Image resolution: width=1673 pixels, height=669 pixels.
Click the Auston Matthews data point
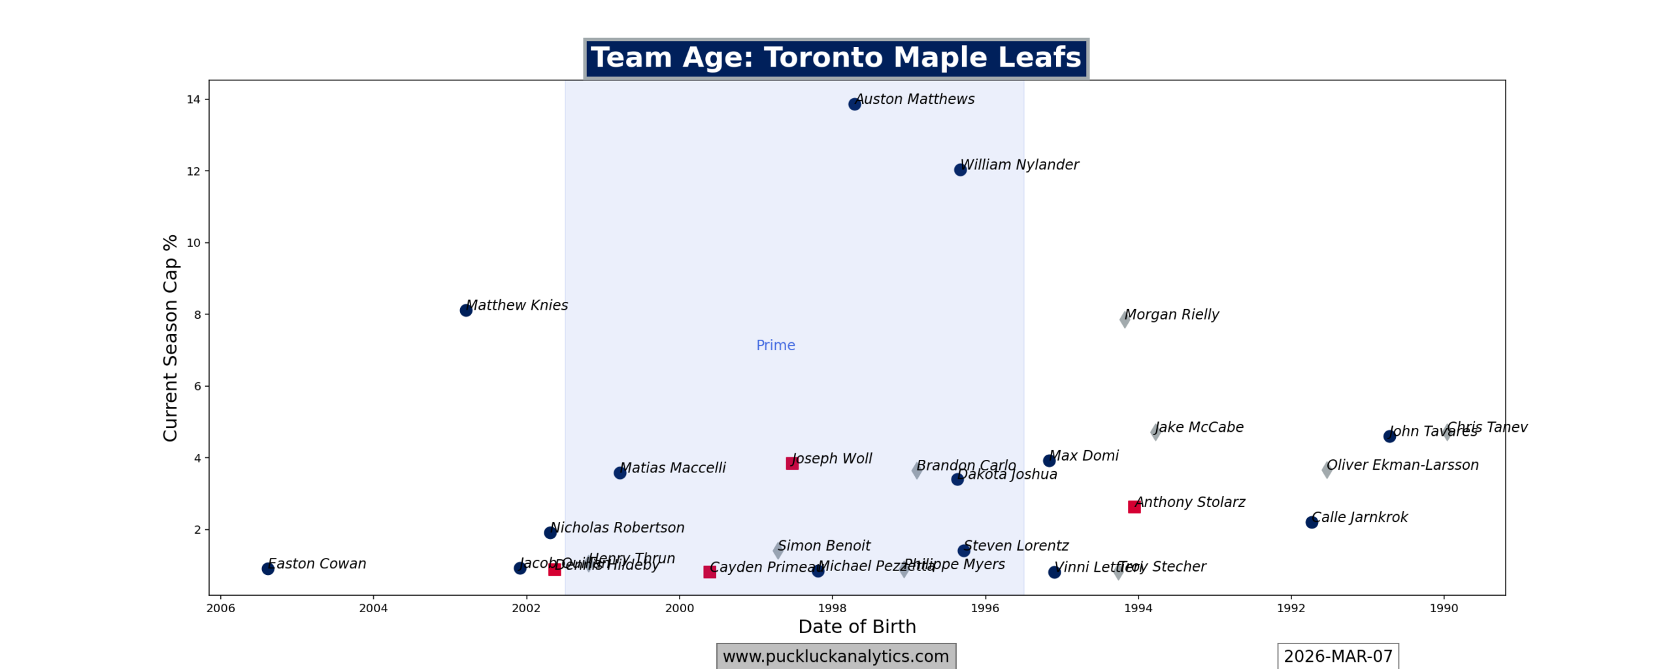click(x=854, y=104)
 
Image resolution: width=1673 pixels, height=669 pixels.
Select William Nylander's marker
click(x=960, y=170)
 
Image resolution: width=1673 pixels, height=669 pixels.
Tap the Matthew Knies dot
click(x=466, y=310)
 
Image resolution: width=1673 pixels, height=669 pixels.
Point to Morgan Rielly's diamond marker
click(x=1125, y=319)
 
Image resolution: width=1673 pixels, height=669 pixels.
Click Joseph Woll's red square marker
click(x=792, y=463)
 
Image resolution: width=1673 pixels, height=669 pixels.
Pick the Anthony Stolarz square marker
click(x=1135, y=507)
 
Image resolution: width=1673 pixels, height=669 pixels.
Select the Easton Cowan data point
click(x=268, y=569)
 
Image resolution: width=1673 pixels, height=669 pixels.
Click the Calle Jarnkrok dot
click(x=1312, y=522)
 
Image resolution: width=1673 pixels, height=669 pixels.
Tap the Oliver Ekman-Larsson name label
click(x=1402, y=465)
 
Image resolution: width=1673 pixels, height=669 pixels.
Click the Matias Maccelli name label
click(x=672, y=468)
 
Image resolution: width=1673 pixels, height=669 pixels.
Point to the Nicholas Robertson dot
click(x=550, y=532)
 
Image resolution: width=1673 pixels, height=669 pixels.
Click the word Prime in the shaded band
click(x=776, y=345)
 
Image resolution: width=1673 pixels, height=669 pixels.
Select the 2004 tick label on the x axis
click(x=373, y=608)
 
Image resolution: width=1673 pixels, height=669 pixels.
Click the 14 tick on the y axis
click(x=193, y=99)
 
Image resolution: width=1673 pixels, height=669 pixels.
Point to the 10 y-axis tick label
click(x=193, y=243)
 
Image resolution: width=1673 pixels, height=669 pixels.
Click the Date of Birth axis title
click(x=857, y=627)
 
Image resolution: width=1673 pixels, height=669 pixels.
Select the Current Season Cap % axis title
click(x=171, y=338)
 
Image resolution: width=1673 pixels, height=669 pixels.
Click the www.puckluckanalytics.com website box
click(x=836, y=656)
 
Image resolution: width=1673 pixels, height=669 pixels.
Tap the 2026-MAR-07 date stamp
click(x=1338, y=656)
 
